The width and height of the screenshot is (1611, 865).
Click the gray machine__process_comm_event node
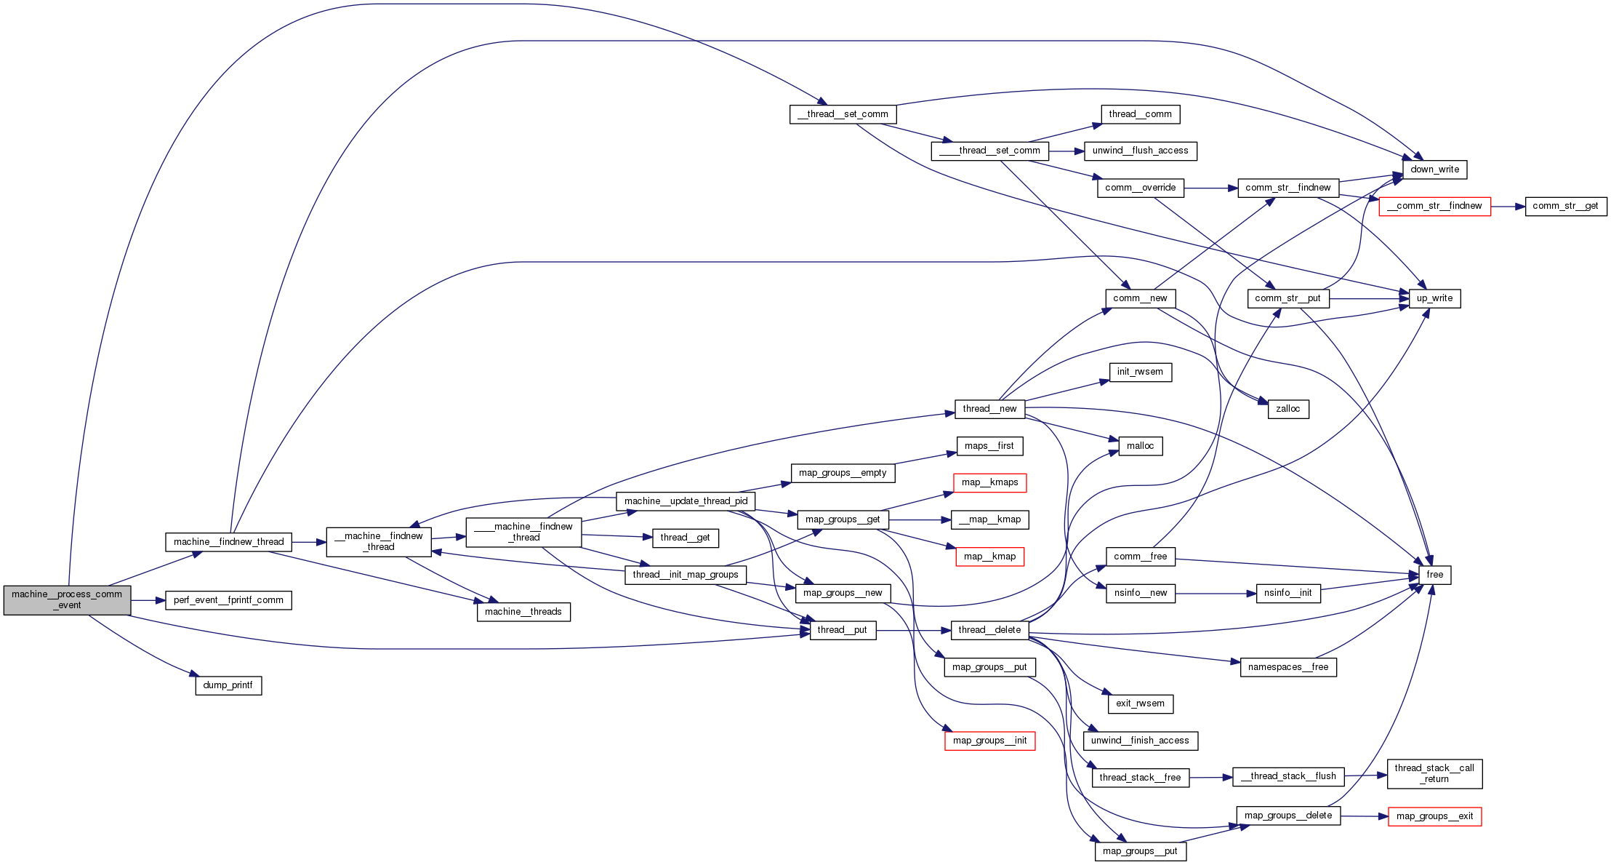(67, 599)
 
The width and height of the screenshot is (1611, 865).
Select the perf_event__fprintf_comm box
(228, 600)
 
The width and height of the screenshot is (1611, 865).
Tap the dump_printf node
(228, 685)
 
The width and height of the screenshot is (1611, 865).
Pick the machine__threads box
(523, 612)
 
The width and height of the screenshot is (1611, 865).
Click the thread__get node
(685, 538)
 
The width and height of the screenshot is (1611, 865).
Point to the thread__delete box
(989, 630)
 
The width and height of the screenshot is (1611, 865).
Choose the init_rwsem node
(1140, 372)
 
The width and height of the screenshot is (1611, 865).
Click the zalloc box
(1287, 409)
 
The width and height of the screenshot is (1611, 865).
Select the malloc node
(1140, 446)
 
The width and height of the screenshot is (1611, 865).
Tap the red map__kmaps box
(989, 482)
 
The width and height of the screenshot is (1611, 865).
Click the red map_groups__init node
(989, 741)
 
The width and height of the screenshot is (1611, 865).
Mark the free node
(1434, 575)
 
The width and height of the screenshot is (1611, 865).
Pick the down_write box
(1434, 170)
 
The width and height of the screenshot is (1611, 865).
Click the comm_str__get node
(1565, 206)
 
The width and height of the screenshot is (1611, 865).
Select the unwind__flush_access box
(1140, 151)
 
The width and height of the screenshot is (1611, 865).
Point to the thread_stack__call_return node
(1434, 773)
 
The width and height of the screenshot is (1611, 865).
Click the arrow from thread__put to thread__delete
(913, 630)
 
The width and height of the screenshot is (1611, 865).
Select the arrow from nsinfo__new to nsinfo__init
(1216, 594)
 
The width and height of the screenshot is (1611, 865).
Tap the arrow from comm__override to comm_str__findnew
(1210, 188)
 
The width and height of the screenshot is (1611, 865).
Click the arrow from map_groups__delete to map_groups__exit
(1364, 816)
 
